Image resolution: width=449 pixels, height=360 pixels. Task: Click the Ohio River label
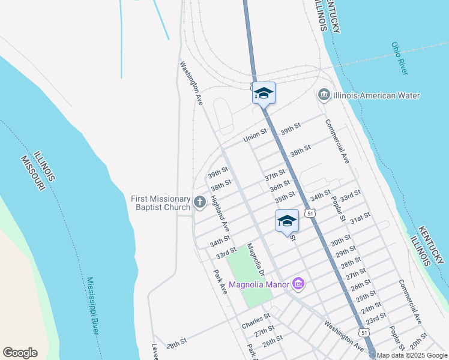click(x=399, y=58)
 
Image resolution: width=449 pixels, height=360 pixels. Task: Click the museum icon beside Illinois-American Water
click(x=324, y=95)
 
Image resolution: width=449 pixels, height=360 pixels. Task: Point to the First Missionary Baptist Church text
click(x=161, y=203)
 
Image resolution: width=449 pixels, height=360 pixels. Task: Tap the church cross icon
click(x=200, y=203)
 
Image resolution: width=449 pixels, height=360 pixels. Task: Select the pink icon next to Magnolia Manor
click(x=298, y=284)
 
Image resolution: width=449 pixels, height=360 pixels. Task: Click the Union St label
click(x=255, y=137)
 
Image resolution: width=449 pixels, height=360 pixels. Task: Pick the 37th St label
click(x=275, y=175)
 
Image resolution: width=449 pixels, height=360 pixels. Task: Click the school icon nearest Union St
click(x=264, y=93)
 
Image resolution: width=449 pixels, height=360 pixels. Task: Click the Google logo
click(x=20, y=353)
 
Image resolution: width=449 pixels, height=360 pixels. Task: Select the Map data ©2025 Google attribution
click(x=412, y=355)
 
